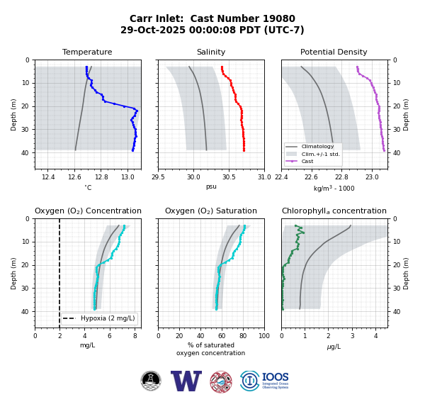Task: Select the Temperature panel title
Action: (87, 52)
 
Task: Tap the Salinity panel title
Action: (211, 52)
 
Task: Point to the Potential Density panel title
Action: (334, 52)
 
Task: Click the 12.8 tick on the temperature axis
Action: (101, 177)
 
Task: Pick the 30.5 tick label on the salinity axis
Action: (229, 177)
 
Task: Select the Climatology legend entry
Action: (317, 147)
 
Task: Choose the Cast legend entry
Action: (307, 161)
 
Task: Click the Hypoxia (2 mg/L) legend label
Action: (108, 318)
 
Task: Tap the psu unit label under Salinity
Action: (211, 186)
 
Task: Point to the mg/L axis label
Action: (87, 345)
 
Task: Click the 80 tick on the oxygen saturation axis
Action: (243, 336)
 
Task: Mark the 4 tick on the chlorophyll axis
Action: (375, 336)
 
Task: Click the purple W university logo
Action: (186, 381)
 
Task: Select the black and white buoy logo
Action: (151, 381)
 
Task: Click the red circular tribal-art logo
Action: (221, 382)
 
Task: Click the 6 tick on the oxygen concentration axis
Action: (110, 336)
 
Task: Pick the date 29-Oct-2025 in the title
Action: (153, 30)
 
